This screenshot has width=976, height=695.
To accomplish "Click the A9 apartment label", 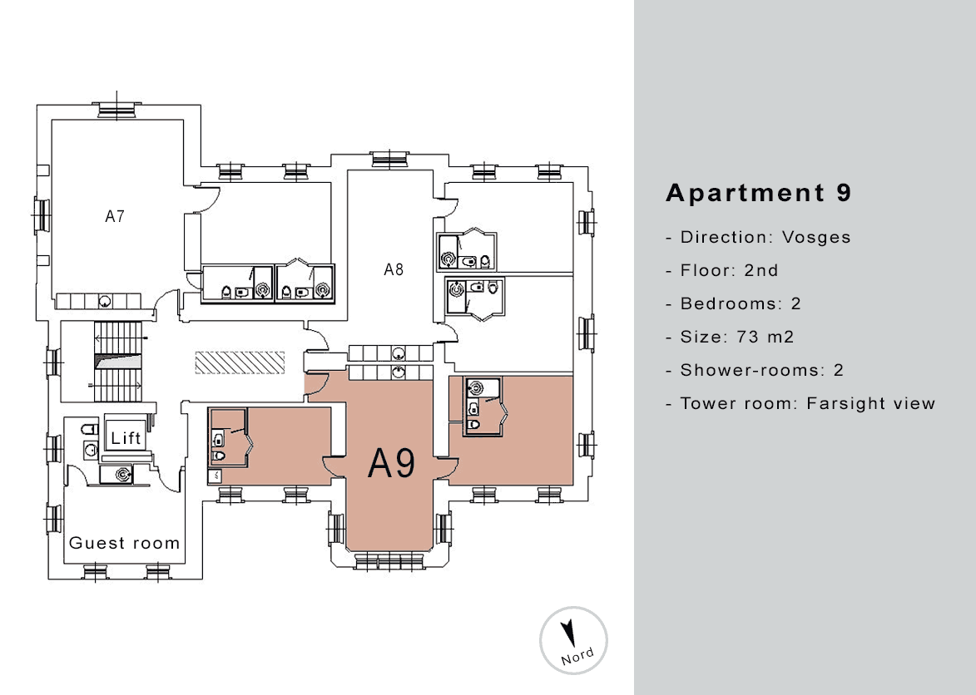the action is [x=392, y=463].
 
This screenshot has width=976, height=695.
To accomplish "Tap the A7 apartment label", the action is [x=115, y=216].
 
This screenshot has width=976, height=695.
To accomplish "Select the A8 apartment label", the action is [x=394, y=270].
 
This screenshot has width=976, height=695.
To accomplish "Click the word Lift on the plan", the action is [x=126, y=438].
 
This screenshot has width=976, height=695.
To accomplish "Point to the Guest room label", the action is [x=125, y=544].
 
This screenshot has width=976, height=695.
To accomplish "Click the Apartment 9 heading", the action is [x=758, y=193].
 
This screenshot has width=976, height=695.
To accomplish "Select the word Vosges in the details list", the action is [x=816, y=238].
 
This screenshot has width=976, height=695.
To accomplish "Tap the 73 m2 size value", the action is [x=765, y=337].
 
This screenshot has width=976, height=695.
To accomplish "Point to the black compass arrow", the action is [x=567, y=633].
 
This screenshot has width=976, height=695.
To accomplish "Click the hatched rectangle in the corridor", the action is [x=240, y=362].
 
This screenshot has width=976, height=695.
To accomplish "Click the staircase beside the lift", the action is [x=118, y=362].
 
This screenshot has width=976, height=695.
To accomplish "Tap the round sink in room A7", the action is [x=105, y=302].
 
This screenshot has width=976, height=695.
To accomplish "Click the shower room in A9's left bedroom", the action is [x=230, y=436].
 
